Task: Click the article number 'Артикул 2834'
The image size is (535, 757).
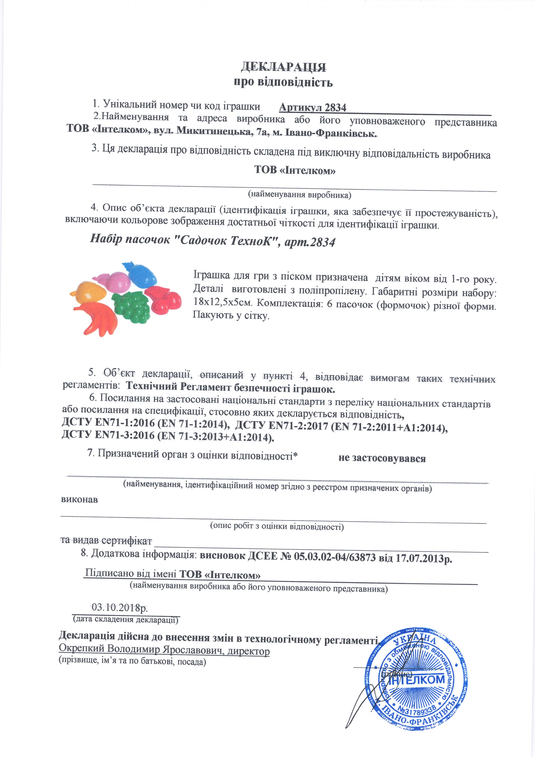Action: (x=313, y=107)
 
